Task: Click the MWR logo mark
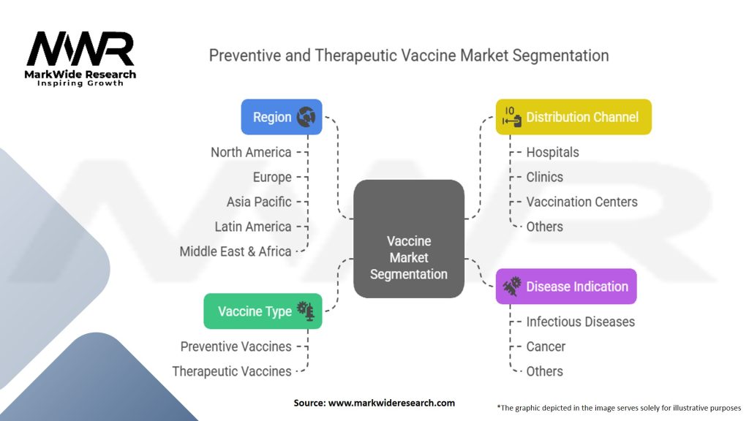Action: pos(80,48)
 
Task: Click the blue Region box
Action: pos(282,117)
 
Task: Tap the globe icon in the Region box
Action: pos(306,117)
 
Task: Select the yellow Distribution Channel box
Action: pos(573,117)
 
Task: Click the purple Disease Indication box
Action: pos(566,287)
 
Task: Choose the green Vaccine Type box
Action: pos(263,311)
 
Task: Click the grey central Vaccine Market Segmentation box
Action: pos(409,239)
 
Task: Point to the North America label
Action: pos(251,152)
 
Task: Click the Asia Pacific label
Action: pos(259,202)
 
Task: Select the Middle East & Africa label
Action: pos(236,251)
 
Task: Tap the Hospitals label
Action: pos(553,152)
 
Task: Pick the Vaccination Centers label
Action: pos(581,202)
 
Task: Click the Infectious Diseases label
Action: pos(580,322)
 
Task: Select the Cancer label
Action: pos(546,346)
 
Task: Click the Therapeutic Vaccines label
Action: pos(232,371)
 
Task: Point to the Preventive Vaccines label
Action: pos(236,346)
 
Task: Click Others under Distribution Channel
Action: pos(544,227)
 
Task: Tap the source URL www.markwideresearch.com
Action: pos(392,403)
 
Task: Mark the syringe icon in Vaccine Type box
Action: pos(306,311)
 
